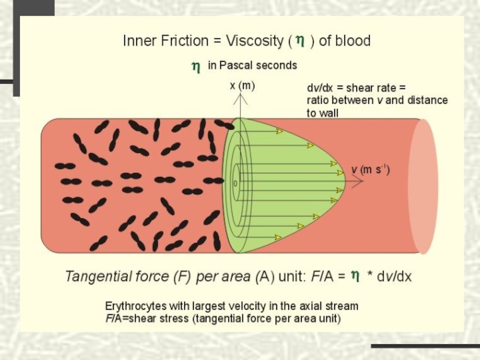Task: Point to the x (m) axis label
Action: tap(242, 86)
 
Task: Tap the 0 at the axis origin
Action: tap(235, 183)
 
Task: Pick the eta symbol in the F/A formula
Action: tap(355, 275)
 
